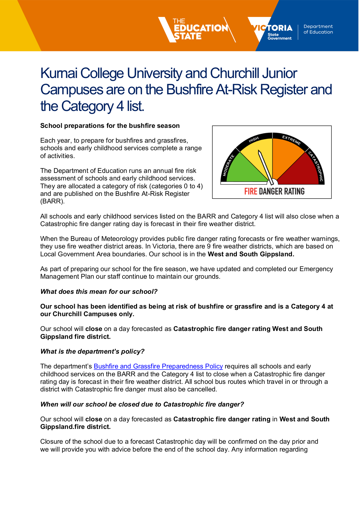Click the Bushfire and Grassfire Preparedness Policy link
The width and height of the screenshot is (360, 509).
pyautogui.click(x=158, y=366)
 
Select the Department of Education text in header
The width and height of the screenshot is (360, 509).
pyautogui.click(x=318, y=29)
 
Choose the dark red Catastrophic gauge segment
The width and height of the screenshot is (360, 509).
pyautogui.click(x=299, y=172)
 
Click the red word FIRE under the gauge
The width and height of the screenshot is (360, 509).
pyautogui.click(x=251, y=191)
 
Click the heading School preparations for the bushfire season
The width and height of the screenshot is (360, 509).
pyautogui.click(x=110, y=126)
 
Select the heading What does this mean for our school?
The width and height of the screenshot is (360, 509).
pyautogui.click(x=99, y=292)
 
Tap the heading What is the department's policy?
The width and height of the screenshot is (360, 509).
pyautogui.click(x=92, y=352)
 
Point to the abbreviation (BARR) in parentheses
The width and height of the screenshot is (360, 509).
pyautogui.click(x=52, y=201)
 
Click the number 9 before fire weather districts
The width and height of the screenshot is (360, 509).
pyautogui.click(x=209, y=246)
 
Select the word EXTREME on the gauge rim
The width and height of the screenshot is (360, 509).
pyautogui.click(x=291, y=140)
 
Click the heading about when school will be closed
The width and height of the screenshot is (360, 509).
pyautogui.click(x=142, y=404)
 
